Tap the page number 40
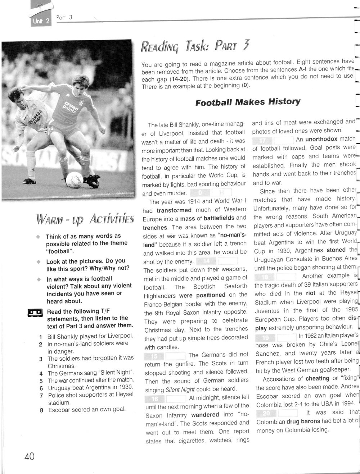(29, 457)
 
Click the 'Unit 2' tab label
(38, 21)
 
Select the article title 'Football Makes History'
(248, 102)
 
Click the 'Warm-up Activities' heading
(85, 218)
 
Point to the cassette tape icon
(35, 311)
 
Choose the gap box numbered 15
(154, 355)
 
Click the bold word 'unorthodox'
(321, 139)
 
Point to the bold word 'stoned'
(336, 250)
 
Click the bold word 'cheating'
(317, 378)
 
